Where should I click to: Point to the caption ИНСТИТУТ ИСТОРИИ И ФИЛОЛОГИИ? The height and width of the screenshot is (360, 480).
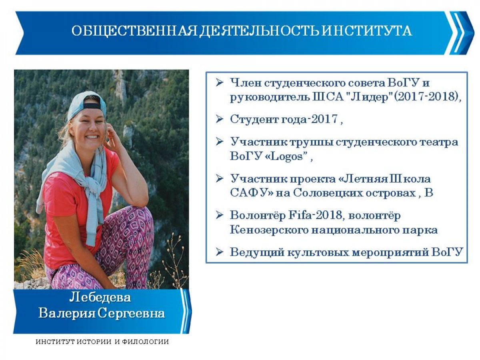click(102, 342)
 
